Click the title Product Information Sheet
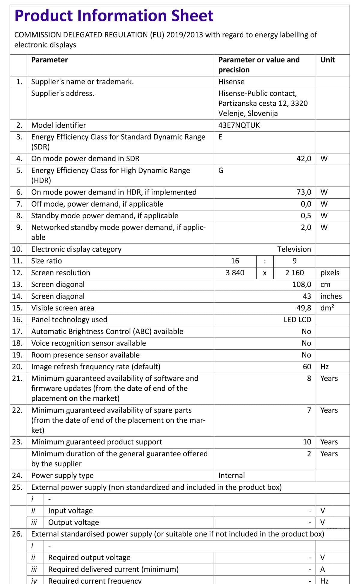[114, 16]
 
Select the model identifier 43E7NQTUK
[239, 125]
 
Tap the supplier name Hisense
[231, 82]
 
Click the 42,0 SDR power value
[304, 159]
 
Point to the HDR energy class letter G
[221, 171]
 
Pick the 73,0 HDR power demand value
[304, 192]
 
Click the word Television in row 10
[294, 249]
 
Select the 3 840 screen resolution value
[235, 273]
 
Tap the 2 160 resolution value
[294, 273]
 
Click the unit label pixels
[330, 273]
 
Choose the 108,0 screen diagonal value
[301, 284]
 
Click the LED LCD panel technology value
[297, 319]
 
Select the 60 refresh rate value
[307, 367]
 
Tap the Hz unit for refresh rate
[324, 367]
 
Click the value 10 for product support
[307, 442]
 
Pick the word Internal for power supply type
[231, 475]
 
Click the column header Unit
[328, 60]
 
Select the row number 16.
[17, 319]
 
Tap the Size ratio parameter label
[46, 261]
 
